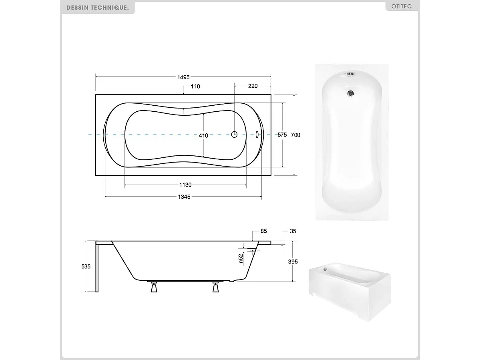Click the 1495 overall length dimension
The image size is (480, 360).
pyautogui.click(x=184, y=77)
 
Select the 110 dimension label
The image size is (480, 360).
pyautogui.click(x=195, y=86)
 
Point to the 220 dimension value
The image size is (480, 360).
pyautogui.click(x=253, y=86)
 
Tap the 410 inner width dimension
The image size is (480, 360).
pyautogui.click(x=203, y=135)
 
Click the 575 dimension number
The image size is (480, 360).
pyautogui.click(x=282, y=135)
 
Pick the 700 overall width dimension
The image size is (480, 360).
pyautogui.click(x=295, y=135)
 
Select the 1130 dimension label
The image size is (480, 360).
pyautogui.click(x=185, y=185)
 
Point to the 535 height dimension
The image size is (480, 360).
pyautogui.click(x=86, y=266)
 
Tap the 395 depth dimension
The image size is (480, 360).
pyautogui.click(x=293, y=261)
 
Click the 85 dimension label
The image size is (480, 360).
pyautogui.click(x=263, y=231)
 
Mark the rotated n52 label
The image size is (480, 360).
pyautogui.click(x=241, y=258)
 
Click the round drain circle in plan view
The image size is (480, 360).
pyautogui.click(x=234, y=135)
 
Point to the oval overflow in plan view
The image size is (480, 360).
pyautogui.click(x=257, y=135)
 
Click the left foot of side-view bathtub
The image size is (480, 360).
pyautogui.click(x=154, y=287)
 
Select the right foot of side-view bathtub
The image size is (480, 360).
pyautogui.click(x=216, y=287)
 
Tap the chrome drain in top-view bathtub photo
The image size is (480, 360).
pyautogui.click(x=351, y=94)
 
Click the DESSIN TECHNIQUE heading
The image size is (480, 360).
pyautogui.click(x=98, y=8)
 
